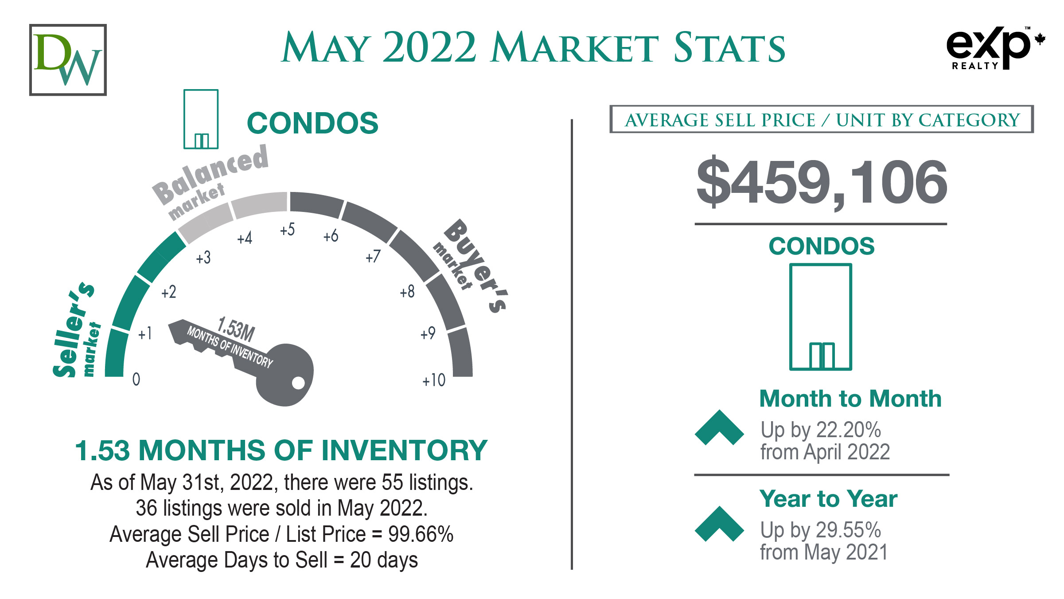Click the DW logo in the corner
68,60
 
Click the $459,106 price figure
822,182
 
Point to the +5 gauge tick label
287,230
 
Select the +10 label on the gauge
434,380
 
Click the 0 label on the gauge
136,379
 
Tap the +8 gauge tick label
407,291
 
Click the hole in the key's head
298,383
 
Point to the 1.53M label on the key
236,329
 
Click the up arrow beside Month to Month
719,427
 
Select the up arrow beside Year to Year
719,524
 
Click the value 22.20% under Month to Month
849,430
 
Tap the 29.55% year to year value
849,530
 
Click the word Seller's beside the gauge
73,329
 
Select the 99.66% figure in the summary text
421,534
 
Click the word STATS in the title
729,48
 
